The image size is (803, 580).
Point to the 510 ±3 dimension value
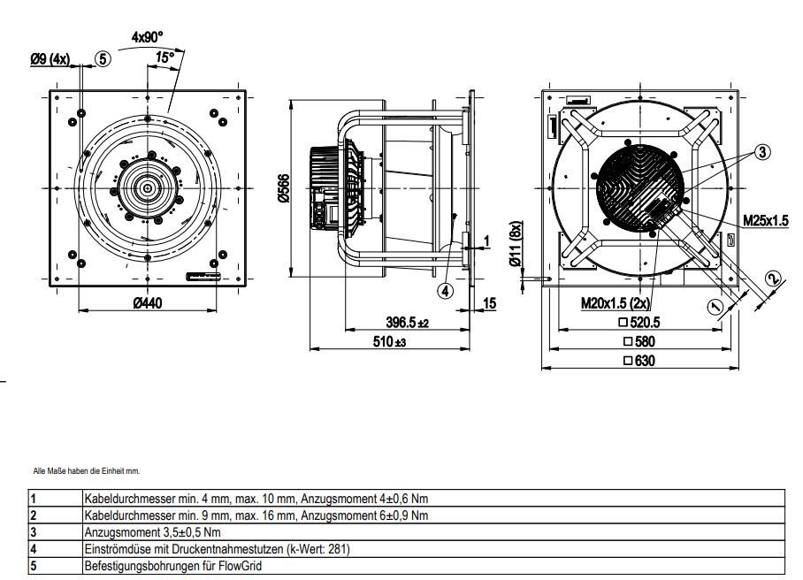[387, 342]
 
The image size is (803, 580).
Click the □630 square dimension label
[639, 361]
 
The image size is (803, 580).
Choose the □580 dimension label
[639, 341]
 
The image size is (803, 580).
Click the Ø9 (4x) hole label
[50, 59]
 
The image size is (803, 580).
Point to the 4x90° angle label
[148, 37]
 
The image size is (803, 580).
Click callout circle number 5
[103, 59]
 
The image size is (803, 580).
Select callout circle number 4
[446, 289]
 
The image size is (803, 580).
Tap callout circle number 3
[763, 151]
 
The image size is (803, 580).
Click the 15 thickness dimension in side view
[489, 303]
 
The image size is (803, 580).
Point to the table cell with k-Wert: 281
[217, 548]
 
